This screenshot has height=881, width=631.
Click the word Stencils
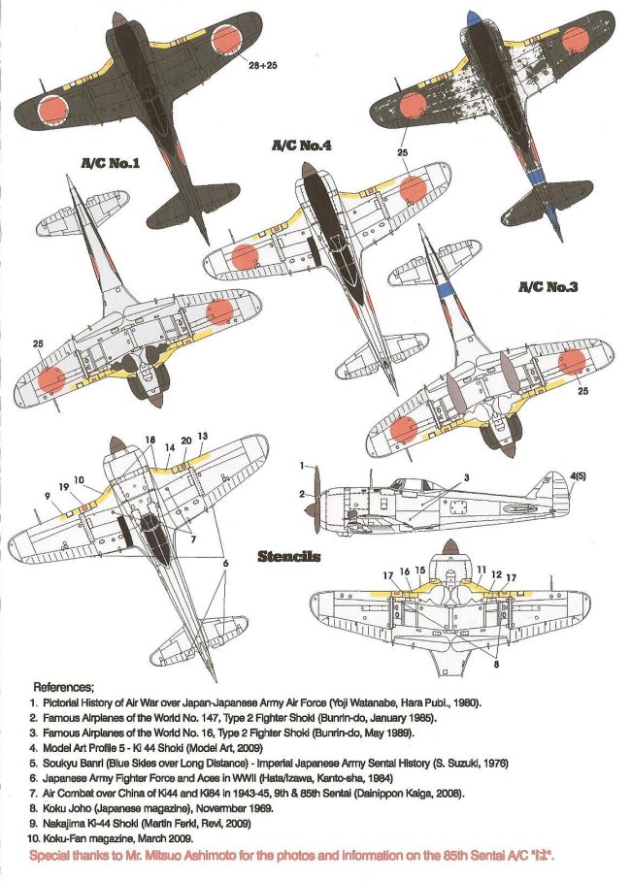tap(289, 557)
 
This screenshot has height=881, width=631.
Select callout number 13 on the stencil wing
tap(202, 437)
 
